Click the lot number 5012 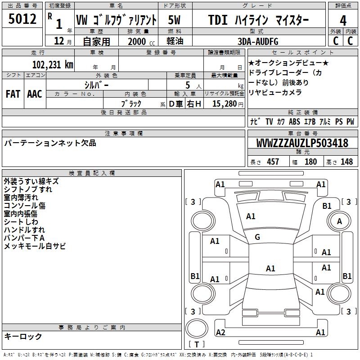point(22,19)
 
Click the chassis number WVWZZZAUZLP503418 point(302,143)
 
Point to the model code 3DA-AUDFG point(258,41)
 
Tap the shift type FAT point(13,94)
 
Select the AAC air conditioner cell point(35,94)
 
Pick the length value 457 point(273,162)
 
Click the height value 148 point(346,162)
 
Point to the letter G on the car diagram point(257,237)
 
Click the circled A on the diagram point(339,221)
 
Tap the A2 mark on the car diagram point(220,332)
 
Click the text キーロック point(23,337)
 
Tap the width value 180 point(310,162)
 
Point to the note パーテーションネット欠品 point(50,143)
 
